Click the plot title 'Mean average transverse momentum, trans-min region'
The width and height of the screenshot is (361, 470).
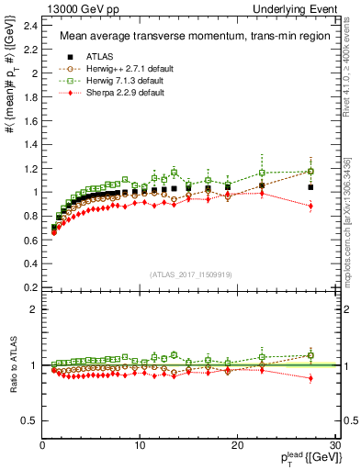[188, 37]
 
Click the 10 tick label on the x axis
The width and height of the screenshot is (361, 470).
[139, 446]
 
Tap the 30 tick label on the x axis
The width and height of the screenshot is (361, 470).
[334, 446]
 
